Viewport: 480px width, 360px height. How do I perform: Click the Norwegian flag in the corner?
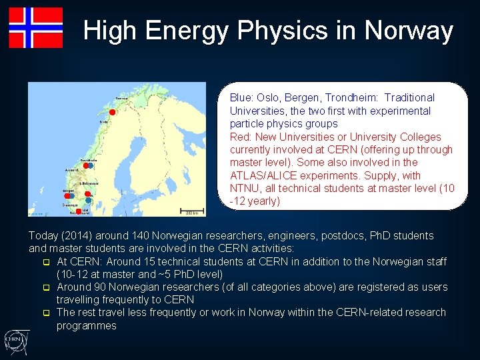point(36,28)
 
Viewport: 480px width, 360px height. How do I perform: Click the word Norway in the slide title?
point(409,31)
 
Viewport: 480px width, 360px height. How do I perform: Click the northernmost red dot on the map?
point(113,111)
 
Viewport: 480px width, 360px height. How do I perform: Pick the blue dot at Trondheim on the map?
point(89,165)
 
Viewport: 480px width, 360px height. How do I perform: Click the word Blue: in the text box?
point(242,98)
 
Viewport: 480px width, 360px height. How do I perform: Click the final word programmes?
point(86,326)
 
